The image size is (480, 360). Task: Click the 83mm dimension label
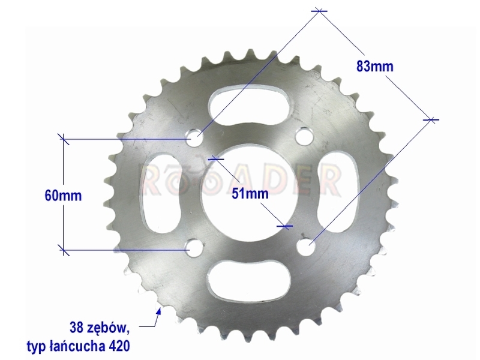point(374,67)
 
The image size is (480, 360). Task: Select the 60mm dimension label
point(64,196)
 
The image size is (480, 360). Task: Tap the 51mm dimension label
point(250,193)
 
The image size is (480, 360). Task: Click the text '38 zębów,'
point(100,328)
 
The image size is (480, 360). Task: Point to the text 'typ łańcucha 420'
point(79,346)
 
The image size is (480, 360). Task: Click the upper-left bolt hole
point(195,137)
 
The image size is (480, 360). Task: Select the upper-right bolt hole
point(303,135)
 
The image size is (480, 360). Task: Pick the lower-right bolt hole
point(306,247)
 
